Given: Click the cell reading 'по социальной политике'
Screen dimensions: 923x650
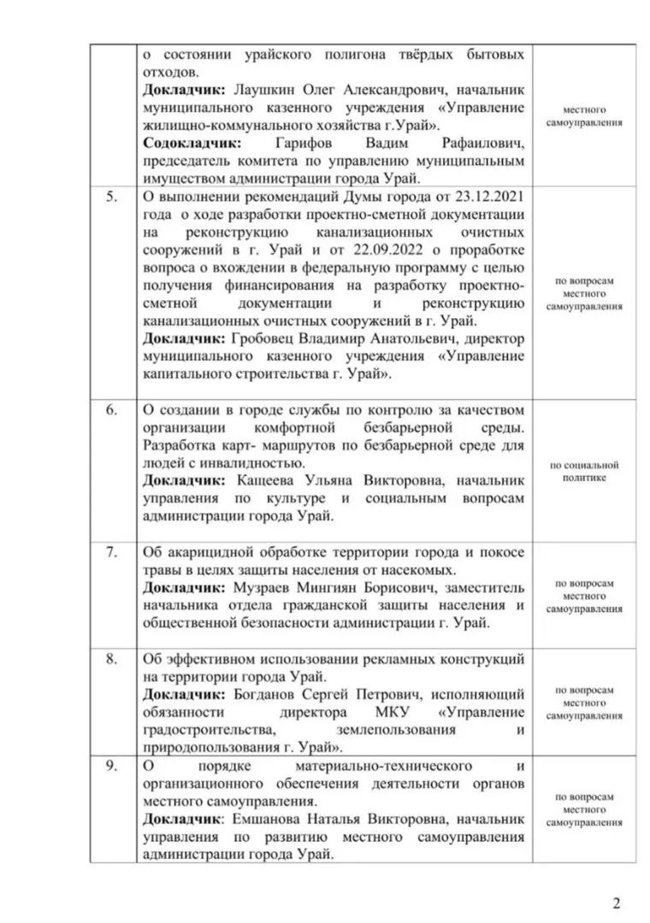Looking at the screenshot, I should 585,471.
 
